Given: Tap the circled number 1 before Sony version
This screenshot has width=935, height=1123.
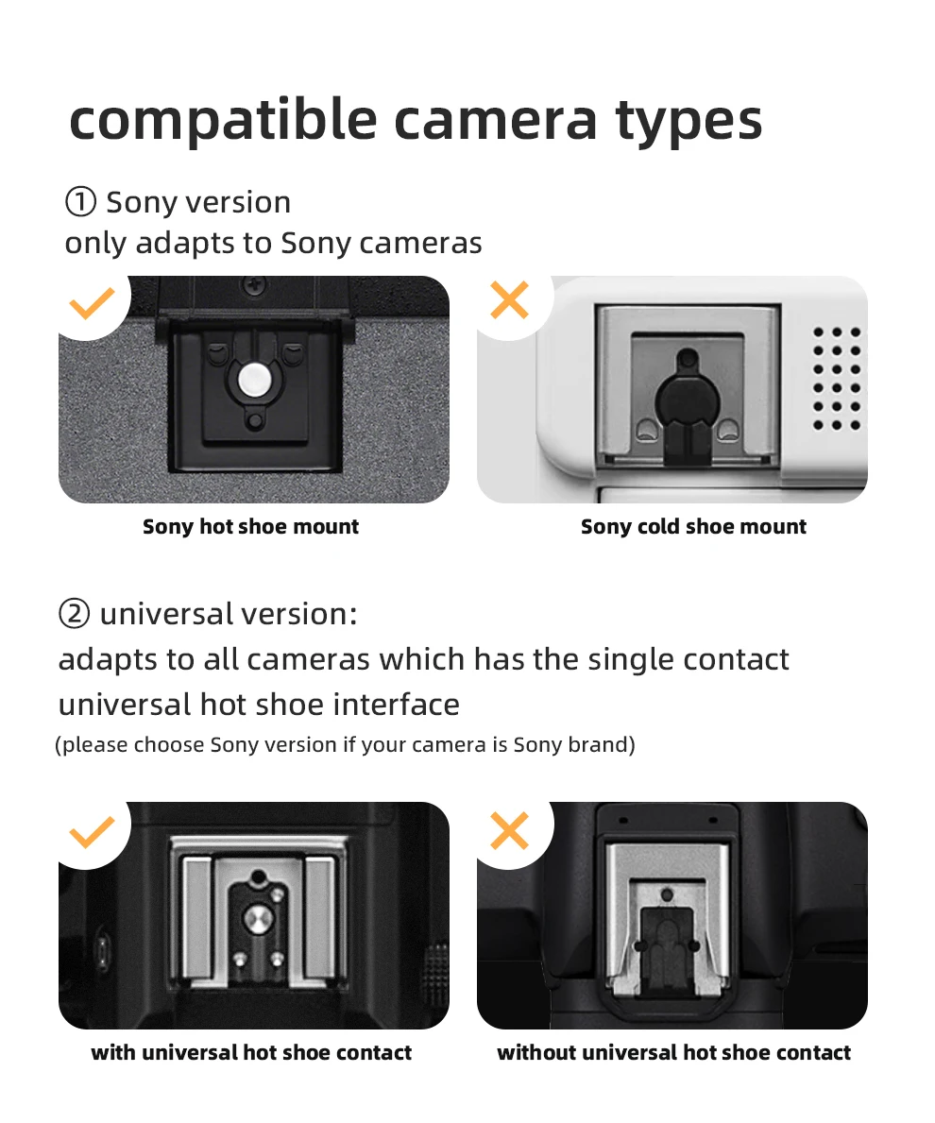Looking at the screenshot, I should point(80,202).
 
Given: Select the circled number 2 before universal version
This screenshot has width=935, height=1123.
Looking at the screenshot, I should point(74,614).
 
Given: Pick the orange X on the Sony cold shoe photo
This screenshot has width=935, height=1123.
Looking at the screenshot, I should point(510,300).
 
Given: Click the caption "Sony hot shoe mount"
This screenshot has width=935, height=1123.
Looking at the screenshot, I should point(250,527).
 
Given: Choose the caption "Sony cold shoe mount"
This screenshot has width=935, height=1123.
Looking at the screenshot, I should point(693,527).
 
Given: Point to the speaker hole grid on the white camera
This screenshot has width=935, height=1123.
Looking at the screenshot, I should point(837,378).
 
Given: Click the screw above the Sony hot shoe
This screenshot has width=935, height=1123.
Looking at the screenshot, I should point(253,282).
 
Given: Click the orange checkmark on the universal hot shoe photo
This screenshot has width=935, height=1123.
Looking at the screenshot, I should point(93,831).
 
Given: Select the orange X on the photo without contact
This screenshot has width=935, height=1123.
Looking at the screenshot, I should point(510,830).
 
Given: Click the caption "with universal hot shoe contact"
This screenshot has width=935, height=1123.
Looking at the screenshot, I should point(251,1052).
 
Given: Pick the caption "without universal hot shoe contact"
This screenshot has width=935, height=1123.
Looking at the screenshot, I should point(673,1052).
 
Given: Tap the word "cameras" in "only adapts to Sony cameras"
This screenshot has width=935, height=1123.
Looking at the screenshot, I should point(420,244).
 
